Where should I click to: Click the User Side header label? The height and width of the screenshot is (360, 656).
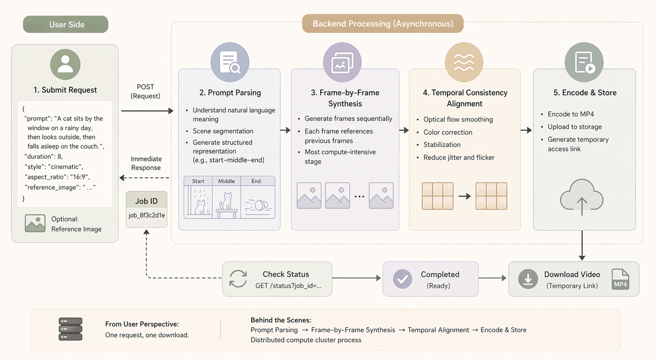click(x=67, y=25)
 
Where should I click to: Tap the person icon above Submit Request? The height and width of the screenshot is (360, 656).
click(x=65, y=64)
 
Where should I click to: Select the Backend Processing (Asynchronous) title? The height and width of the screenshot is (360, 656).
click(x=383, y=24)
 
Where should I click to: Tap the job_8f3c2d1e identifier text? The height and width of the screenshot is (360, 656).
click(x=147, y=215)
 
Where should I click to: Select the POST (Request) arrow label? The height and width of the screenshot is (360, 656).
click(x=146, y=91)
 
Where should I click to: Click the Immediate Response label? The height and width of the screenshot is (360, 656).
click(x=146, y=163)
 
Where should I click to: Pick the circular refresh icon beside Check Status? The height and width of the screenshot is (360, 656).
click(x=238, y=279)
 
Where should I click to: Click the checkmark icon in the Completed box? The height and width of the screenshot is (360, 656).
click(x=402, y=279)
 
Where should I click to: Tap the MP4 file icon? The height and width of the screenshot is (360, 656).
click(x=620, y=279)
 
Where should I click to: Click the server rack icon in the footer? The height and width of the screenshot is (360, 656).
click(x=70, y=329)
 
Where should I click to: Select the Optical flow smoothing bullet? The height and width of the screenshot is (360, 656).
click(x=458, y=119)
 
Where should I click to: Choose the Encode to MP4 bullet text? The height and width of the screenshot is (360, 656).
click(x=570, y=114)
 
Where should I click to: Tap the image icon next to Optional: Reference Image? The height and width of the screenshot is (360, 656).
click(x=35, y=224)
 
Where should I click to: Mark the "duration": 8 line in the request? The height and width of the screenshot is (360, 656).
click(x=43, y=156)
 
